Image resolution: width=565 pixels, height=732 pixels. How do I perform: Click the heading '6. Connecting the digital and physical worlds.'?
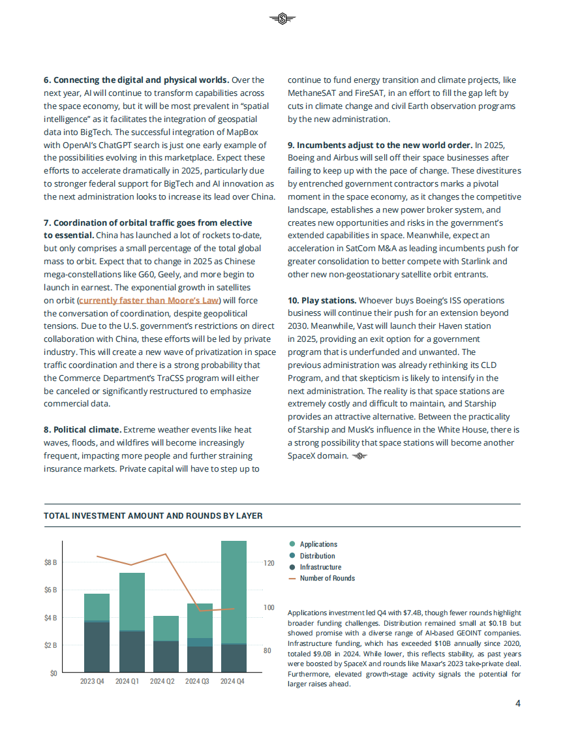[x=136, y=80]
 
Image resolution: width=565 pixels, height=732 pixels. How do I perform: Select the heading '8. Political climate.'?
[x=82, y=429]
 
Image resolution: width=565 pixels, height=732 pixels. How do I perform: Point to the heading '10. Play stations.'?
[x=322, y=300]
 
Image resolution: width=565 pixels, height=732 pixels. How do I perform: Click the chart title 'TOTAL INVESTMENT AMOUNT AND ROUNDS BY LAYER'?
[x=153, y=515]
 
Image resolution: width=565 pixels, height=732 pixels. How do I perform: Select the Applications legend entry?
[x=318, y=544]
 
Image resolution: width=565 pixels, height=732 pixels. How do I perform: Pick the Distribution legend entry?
[x=317, y=556]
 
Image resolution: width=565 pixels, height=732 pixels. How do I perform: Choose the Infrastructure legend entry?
[x=320, y=567]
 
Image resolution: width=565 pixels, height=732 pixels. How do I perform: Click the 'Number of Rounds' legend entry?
[x=327, y=578]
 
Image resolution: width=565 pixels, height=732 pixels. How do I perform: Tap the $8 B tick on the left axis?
[x=50, y=562]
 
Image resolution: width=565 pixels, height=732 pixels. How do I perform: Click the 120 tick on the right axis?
[x=269, y=562]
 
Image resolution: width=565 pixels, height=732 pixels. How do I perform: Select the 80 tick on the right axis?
[x=267, y=650]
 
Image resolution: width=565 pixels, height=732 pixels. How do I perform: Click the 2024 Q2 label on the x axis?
[x=162, y=682]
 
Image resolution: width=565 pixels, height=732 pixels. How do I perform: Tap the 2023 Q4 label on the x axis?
[x=92, y=682]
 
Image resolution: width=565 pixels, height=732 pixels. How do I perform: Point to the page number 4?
[x=517, y=703]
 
